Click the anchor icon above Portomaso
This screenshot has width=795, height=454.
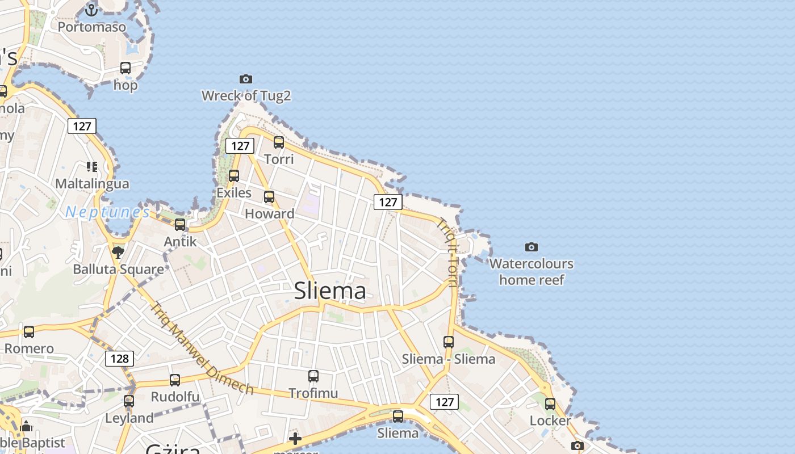(91, 10)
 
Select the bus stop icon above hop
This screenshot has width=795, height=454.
(125, 68)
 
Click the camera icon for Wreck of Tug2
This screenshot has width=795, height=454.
(246, 79)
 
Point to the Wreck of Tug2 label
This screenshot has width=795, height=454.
(246, 96)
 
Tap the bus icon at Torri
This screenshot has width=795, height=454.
(279, 142)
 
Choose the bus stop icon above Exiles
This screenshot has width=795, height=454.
(234, 176)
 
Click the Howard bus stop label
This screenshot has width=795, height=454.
(269, 214)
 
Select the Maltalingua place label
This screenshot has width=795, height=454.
(92, 184)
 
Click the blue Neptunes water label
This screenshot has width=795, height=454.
(107, 212)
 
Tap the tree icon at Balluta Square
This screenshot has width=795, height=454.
(118, 252)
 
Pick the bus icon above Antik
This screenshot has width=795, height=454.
(180, 225)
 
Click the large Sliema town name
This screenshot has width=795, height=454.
(330, 291)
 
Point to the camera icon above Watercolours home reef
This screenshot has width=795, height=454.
(532, 247)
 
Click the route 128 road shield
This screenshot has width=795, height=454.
(119, 359)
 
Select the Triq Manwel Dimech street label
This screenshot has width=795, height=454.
(201, 348)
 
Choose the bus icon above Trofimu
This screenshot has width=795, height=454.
(313, 376)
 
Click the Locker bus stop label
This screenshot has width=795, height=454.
(550, 421)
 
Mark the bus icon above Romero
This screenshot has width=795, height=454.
(29, 331)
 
